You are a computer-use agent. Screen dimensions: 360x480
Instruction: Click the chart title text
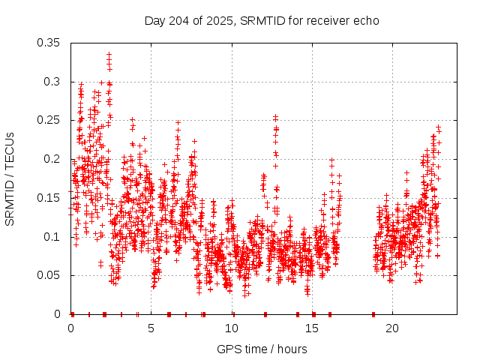(x=262, y=20)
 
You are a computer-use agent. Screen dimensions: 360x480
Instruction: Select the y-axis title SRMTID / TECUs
(x=10, y=178)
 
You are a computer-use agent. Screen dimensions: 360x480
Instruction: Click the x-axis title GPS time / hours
(x=262, y=349)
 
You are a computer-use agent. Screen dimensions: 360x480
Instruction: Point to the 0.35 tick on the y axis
(x=50, y=43)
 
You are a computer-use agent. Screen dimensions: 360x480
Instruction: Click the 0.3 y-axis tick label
(x=53, y=81)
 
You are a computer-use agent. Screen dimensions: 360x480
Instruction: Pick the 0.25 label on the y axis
(x=50, y=120)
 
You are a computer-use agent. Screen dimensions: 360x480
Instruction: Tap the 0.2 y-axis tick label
(x=53, y=159)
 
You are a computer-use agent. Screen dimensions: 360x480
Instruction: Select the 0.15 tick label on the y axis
(x=50, y=198)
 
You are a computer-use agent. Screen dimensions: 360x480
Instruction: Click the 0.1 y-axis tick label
(x=53, y=237)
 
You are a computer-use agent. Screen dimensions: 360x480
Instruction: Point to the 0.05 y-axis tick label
(x=50, y=275)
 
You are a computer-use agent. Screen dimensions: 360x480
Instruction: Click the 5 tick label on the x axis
(x=151, y=328)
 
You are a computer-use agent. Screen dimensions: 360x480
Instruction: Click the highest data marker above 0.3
(x=109, y=55)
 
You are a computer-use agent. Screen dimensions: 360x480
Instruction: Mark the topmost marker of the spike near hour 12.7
(x=275, y=116)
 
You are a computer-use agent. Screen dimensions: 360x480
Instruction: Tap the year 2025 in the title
(x=222, y=20)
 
